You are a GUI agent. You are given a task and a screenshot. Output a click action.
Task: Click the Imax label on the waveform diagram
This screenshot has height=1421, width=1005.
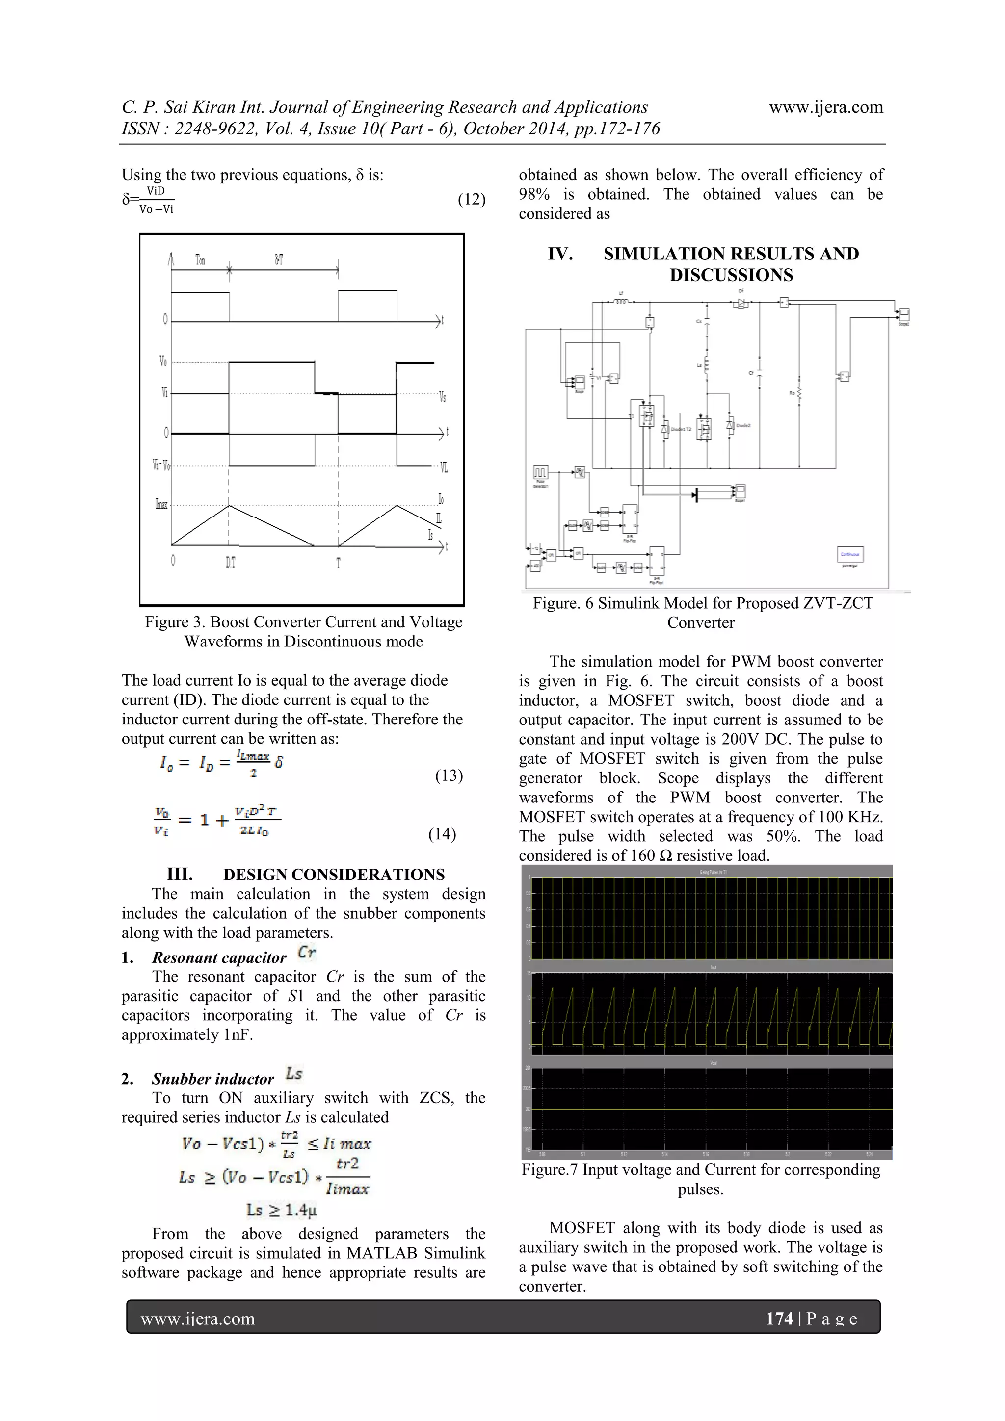[161, 504]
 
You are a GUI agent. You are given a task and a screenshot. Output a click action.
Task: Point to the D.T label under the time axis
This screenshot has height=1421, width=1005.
[230, 563]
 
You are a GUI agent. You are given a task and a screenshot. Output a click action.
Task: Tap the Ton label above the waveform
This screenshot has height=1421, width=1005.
[200, 260]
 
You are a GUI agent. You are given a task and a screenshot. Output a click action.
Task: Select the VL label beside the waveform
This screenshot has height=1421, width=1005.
[443, 468]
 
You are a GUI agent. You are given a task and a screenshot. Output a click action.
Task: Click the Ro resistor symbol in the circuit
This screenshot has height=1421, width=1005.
[799, 393]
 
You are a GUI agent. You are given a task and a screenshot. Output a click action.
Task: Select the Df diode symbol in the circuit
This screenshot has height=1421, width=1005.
[741, 303]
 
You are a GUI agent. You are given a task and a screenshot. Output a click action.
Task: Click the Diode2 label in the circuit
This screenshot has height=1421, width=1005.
[743, 426]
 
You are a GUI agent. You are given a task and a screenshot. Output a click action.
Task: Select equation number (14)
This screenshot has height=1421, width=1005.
[442, 834]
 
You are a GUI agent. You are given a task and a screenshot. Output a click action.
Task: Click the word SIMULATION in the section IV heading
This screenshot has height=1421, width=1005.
[663, 254]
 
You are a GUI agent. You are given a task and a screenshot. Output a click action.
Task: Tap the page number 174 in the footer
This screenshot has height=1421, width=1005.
[779, 1318]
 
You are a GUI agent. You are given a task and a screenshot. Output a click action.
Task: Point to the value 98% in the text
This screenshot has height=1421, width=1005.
[534, 194]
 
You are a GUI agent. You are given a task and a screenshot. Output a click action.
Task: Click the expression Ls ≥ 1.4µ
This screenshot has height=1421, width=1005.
[281, 1209]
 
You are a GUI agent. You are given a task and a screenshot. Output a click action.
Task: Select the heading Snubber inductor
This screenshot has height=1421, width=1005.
[212, 1079]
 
